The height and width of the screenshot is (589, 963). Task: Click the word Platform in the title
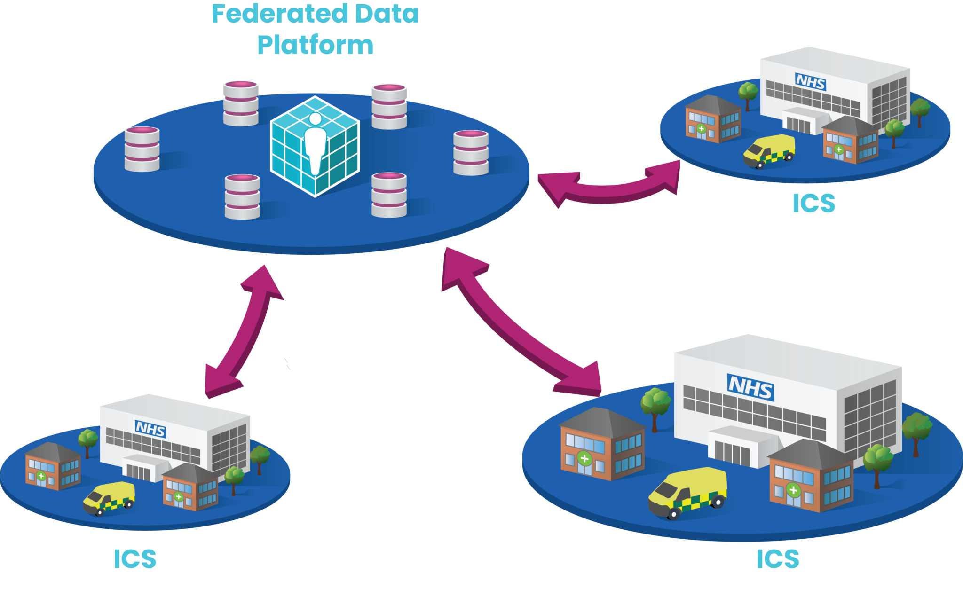pyautogui.click(x=315, y=45)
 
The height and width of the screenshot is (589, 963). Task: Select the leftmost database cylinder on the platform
pyautogui.click(x=142, y=149)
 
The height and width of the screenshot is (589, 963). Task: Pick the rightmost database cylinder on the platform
pyautogui.click(x=471, y=153)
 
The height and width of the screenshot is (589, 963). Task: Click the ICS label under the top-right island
pyautogui.click(x=813, y=203)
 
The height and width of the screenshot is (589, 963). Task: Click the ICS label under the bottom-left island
pyautogui.click(x=135, y=558)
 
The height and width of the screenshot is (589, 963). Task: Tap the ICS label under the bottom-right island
pyautogui.click(x=778, y=558)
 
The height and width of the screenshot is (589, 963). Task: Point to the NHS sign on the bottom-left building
pyautogui.click(x=150, y=429)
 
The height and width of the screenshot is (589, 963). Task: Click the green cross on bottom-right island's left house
pyautogui.click(x=584, y=458)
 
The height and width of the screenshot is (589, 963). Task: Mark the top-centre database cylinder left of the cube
pyautogui.click(x=241, y=103)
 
